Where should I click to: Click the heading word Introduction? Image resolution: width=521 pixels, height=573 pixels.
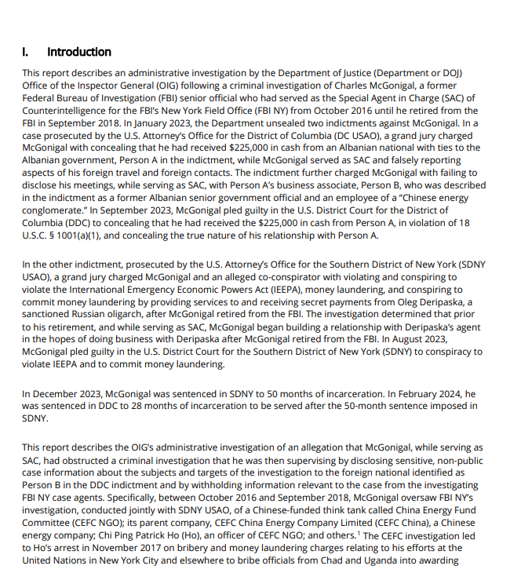[79, 52]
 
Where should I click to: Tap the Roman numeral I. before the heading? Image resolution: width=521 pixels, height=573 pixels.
[26, 52]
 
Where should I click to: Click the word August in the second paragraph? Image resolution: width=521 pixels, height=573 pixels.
[391, 339]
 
